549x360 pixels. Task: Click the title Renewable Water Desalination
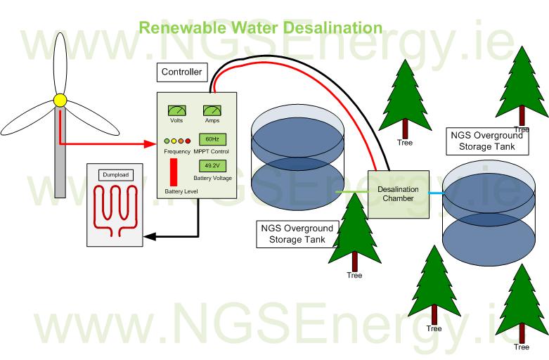pyautogui.click(x=260, y=28)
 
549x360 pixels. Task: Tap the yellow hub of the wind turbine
pyautogui.click(x=60, y=100)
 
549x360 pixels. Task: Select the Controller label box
pyautogui.click(x=182, y=72)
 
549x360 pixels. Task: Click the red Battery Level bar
pyautogui.click(x=173, y=172)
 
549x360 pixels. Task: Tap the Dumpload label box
pyautogui.click(x=115, y=174)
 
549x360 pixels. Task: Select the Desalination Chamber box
pyautogui.click(x=398, y=193)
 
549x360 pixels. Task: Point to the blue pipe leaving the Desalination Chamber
pyautogui.click(x=436, y=192)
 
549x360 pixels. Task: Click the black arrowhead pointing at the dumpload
pyautogui.click(x=148, y=236)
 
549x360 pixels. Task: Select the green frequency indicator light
pyautogui.click(x=167, y=141)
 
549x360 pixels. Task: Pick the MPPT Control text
pyautogui.click(x=212, y=152)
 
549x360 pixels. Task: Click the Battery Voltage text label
pyautogui.click(x=212, y=179)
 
